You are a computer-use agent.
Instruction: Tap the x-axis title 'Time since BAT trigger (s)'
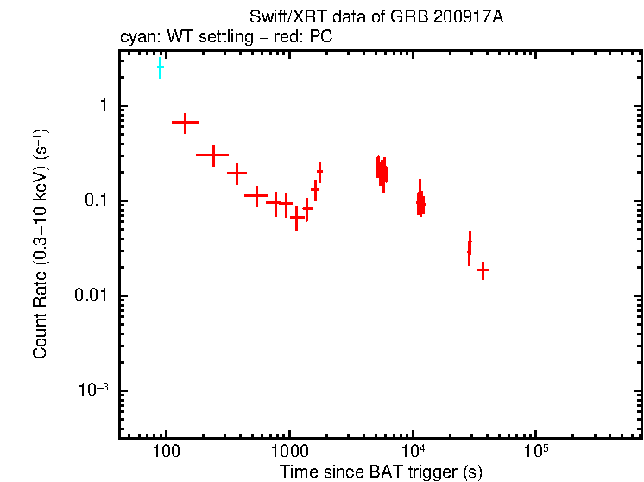pyautogui.click(x=381, y=472)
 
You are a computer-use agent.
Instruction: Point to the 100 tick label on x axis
pyautogui.click(x=166, y=451)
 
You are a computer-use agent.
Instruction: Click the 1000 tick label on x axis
pyautogui.click(x=289, y=451)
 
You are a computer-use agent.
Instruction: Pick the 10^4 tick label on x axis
pyautogui.click(x=414, y=451)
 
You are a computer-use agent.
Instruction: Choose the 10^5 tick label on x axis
pyautogui.click(x=537, y=451)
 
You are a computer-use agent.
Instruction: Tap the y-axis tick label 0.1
pyautogui.click(x=96, y=200)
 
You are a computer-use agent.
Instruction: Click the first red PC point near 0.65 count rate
pyautogui.click(x=185, y=124)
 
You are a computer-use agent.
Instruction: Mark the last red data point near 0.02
pyautogui.click(x=483, y=270)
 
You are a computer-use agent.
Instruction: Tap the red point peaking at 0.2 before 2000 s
pyautogui.click(x=319, y=172)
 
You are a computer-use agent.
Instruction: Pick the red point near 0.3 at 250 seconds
pyautogui.click(x=212, y=155)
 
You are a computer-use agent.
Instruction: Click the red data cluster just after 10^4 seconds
pyautogui.click(x=420, y=202)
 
